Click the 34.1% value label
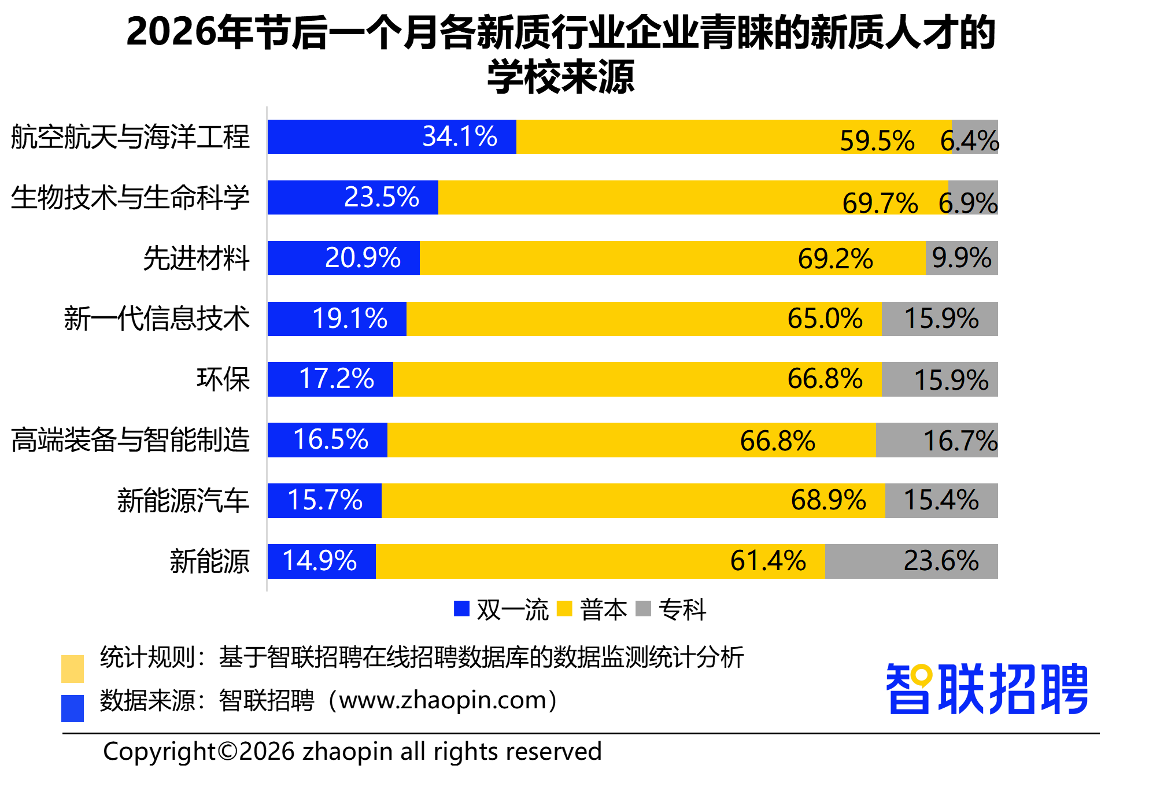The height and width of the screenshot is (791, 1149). pyautogui.click(x=460, y=136)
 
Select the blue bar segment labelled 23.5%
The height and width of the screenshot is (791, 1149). pyautogui.click(x=353, y=197)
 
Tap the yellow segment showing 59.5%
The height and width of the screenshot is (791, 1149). pyautogui.click(x=733, y=136)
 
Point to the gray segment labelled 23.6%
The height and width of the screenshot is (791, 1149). pyautogui.click(x=911, y=561)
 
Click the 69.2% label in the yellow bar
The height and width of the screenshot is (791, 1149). pyautogui.click(x=835, y=258)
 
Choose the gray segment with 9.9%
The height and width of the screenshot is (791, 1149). pyautogui.click(x=962, y=258)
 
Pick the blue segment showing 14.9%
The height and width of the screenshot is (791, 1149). pyautogui.click(x=322, y=561)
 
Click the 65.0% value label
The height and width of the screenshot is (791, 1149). pyautogui.click(x=825, y=319)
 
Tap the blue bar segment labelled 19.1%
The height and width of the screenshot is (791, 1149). pyautogui.click(x=337, y=319)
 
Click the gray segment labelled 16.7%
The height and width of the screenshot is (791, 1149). pyautogui.click(x=937, y=440)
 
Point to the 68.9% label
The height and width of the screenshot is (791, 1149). pyautogui.click(x=828, y=500)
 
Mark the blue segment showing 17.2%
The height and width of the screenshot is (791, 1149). pyautogui.click(x=330, y=379)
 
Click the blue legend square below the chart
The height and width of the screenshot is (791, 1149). pyautogui.click(x=461, y=608)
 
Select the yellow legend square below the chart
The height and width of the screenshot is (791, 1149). pyautogui.click(x=564, y=608)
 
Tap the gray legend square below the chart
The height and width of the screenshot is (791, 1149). pyautogui.click(x=643, y=608)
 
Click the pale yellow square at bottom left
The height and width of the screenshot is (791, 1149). pyautogui.click(x=72, y=668)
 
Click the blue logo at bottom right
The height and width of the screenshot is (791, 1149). pyautogui.click(x=987, y=689)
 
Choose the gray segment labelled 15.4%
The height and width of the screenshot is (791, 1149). pyautogui.click(x=941, y=500)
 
